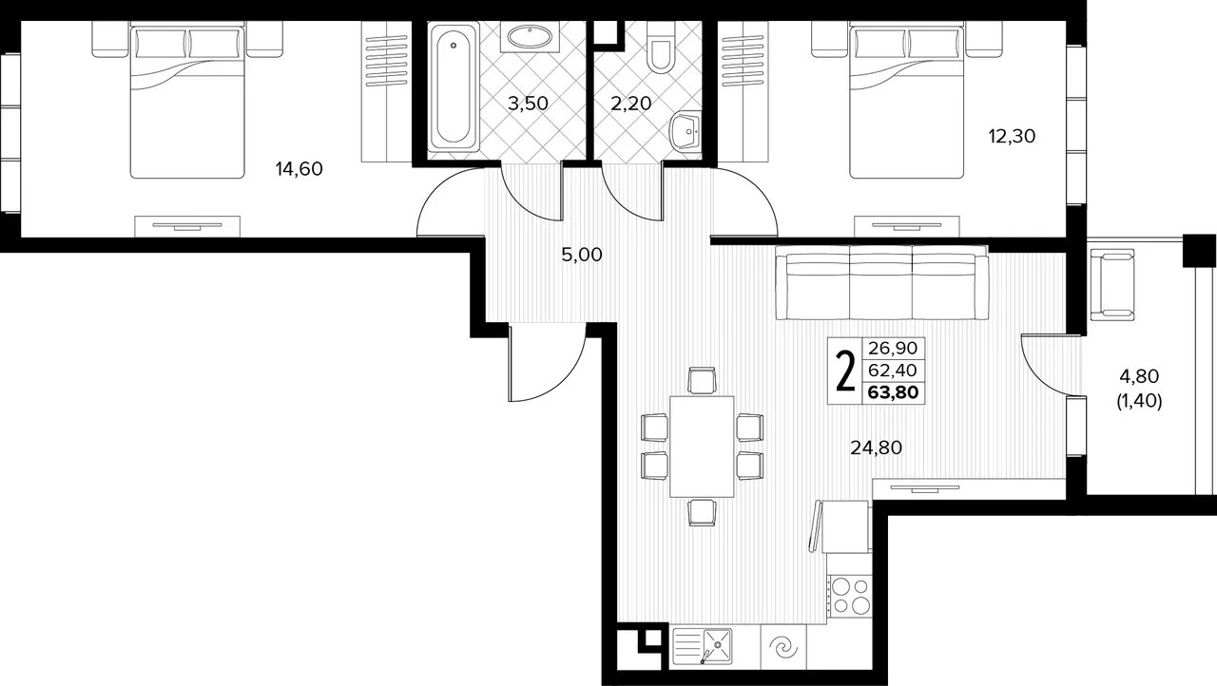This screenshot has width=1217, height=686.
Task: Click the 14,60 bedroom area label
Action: tap(299, 169)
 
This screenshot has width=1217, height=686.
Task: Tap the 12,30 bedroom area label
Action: tap(1012, 136)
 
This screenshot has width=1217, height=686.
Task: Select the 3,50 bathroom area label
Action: tap(528, 104)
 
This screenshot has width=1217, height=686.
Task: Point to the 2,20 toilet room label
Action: tap(630, 104)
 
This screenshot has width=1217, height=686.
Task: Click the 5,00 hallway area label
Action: tap(582, 255)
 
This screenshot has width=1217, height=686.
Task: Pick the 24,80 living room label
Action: tap(876, 448)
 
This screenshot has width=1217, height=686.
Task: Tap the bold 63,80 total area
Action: tap(893, 391)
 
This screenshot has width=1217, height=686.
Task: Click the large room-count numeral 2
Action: tap(844, 372)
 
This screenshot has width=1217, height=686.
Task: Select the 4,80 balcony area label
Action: tap(1139, 375)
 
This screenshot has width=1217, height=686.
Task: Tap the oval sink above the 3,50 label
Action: tap(530, 36)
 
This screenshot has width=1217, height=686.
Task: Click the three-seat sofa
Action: tap(881, 282)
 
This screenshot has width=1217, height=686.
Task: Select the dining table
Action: tap(702, 447)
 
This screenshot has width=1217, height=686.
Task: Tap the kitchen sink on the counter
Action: tap(702, 646)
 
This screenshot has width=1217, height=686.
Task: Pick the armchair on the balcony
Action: tap(1112, 285)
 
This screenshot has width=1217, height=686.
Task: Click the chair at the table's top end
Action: tap(702, 380)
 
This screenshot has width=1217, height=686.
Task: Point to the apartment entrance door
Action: tap(547, 362)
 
